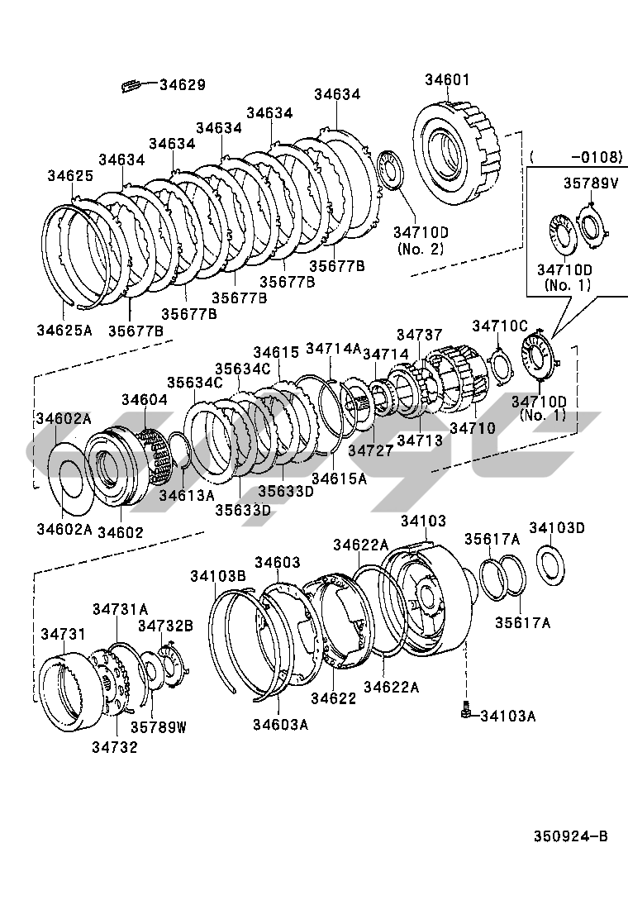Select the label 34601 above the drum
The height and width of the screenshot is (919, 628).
pos(447,80)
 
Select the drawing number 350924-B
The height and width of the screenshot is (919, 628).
pos(569,836)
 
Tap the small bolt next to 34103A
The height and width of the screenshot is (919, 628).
pos(467,709)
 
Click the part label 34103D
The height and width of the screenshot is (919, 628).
pos(557,528)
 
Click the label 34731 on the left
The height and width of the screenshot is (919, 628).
pos(63,634)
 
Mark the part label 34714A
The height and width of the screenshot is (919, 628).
pos(334,349)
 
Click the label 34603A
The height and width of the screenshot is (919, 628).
pos(280,725)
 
